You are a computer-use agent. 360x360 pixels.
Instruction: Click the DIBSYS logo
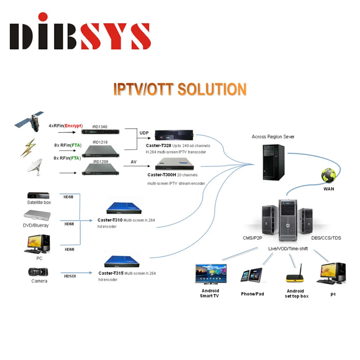click(80, 32)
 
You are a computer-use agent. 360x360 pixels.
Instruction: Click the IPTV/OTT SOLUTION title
click(180, 89)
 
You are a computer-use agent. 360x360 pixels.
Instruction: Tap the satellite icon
click(30, 121)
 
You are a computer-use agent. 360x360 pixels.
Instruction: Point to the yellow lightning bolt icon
click(28, 148)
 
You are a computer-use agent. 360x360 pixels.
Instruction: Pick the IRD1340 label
click(100, 126)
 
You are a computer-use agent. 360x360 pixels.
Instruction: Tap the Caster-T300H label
click(162, 175)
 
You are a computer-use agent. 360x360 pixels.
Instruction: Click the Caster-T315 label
click(111, 273)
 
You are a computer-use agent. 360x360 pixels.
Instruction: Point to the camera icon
click(38, 271)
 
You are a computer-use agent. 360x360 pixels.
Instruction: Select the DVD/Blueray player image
click(37, 216)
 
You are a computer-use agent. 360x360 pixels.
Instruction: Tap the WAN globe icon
click(328, 175)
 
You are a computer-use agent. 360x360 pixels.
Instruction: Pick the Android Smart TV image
click(211, 274)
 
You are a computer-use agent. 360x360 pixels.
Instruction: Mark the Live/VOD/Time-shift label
click(288, 249)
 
